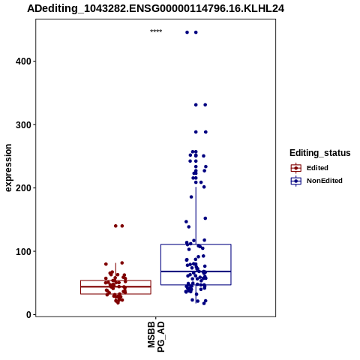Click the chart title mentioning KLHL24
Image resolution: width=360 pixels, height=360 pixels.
(x=155, y=9)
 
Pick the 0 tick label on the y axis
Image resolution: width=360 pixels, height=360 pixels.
(x=29, y=315)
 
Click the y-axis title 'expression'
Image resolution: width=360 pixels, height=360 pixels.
(x=8, y=168)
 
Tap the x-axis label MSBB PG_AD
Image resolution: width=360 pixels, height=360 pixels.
(x=156, y=337)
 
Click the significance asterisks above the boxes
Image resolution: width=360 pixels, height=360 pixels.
(x=156, y=31)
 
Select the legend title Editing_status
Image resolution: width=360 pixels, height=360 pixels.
(x=320, y=153)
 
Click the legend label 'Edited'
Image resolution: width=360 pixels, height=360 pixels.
(x=317, y=168)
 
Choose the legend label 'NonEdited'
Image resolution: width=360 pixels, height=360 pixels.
(x=325, y=181)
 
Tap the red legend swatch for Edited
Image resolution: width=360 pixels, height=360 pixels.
(x=296, y=168)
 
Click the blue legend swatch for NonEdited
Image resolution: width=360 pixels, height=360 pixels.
(x=296, y=181)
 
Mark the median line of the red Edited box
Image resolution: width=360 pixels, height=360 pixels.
(x=115, y=286)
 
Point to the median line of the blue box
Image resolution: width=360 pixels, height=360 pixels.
(x=196, y=271)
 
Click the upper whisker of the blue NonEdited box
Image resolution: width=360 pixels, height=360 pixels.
(x=196, y=215)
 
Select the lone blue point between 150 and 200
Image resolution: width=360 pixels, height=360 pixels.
(x=191, y=197)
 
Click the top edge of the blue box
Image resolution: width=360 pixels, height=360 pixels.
(x=196, y=244)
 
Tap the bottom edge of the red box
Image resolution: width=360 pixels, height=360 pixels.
(x=115, y=294)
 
